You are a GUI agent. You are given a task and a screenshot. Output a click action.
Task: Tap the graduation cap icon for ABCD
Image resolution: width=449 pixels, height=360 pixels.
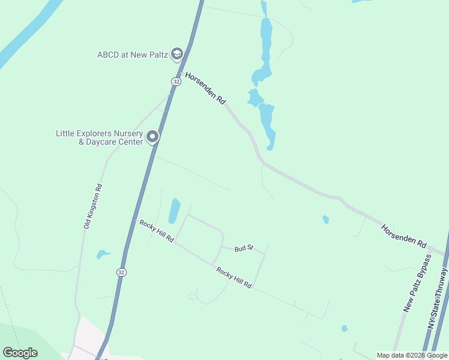point(176,55)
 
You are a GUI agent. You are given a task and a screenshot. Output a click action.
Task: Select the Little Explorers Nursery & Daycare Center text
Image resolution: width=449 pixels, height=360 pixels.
point(99,137)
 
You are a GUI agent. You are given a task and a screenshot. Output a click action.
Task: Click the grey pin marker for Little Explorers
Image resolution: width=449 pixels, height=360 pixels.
point(152,137)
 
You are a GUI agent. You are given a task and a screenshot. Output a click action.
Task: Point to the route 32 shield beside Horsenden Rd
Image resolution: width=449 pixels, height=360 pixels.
point(175,81)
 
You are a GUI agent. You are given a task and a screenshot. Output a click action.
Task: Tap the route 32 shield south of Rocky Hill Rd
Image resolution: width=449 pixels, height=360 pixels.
point(122,272)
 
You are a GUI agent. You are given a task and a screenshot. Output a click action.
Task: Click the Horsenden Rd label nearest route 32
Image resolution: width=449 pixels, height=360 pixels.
point(205,90)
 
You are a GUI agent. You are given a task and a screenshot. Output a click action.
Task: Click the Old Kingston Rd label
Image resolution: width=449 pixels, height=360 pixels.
point(93,206)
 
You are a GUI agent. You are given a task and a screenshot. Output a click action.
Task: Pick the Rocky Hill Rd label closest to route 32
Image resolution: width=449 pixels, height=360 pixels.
point(157,231)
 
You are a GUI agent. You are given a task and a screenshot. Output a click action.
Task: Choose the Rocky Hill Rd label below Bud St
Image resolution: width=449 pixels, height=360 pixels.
point(234,280)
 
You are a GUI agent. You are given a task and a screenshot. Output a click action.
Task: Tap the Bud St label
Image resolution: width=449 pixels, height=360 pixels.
point(244,248)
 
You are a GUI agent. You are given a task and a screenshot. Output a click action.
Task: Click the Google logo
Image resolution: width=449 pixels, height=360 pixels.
point(20,353)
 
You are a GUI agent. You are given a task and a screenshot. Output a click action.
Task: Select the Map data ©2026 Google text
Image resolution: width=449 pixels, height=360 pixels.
point(412,355)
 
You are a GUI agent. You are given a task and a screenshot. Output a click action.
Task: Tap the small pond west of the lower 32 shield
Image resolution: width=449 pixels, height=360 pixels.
point(103,254)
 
